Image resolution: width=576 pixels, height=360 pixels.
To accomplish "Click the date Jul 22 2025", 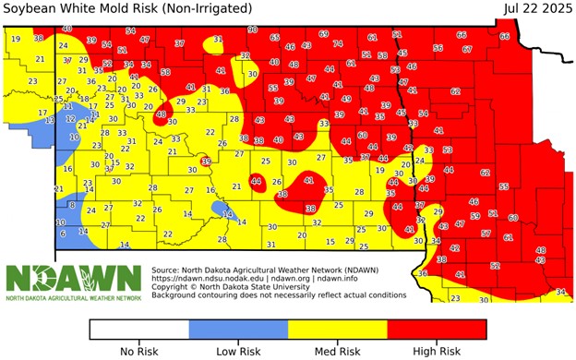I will point(535,8).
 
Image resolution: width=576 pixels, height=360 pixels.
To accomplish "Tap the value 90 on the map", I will point(253,30).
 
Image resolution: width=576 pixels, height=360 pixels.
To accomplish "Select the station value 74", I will point(338,42).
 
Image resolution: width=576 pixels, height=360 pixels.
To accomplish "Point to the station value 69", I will point(323,33).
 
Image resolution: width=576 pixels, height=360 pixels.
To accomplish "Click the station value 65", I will point(275,37).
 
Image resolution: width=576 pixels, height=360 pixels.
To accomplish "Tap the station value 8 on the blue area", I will point(61,222).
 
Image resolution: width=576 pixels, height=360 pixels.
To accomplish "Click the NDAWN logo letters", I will point(74,278).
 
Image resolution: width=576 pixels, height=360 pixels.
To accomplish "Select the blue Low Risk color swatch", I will point(238,330).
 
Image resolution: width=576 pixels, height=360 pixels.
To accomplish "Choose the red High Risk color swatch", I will point(437,330).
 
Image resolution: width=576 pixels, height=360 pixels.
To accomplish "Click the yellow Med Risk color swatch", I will point(338,330).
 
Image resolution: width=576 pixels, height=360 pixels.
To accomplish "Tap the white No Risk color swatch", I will point(139,330).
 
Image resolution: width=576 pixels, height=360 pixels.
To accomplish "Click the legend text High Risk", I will point(437,352).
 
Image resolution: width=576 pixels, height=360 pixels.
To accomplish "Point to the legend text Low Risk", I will point(238,352).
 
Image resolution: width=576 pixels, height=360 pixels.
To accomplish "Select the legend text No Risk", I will point(139,352).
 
